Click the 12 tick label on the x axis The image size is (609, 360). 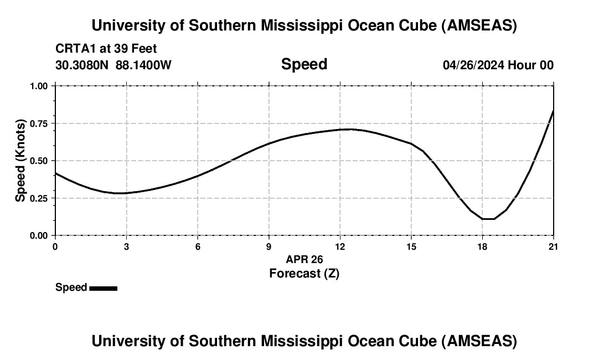coord(340,246)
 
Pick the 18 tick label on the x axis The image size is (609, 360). coord(482,246)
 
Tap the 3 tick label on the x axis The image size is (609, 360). coord(126,246)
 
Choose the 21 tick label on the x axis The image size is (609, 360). coord(553,246)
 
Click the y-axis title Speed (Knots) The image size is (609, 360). coord(20,161)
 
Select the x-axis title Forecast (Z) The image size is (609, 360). coord(304,273)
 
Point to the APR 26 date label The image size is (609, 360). coord(304,259)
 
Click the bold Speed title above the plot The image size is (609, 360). coord(304,64)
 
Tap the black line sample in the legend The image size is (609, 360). coord(103,288)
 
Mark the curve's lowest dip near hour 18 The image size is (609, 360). coord(487,219)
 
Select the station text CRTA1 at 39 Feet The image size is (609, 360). coord(106,49)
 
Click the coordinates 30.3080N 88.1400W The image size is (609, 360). coord(113,65)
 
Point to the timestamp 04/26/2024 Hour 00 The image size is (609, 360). coord(498,65)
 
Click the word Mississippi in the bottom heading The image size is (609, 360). coord(301,341)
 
